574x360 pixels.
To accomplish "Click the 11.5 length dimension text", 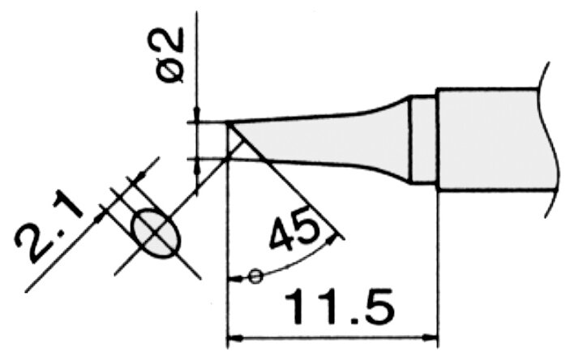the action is point(339,307).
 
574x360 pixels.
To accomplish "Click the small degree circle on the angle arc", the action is point(255,276).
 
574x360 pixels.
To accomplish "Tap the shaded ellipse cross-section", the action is point(156,233).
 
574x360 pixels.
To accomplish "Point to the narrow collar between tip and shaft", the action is point(423,139).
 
